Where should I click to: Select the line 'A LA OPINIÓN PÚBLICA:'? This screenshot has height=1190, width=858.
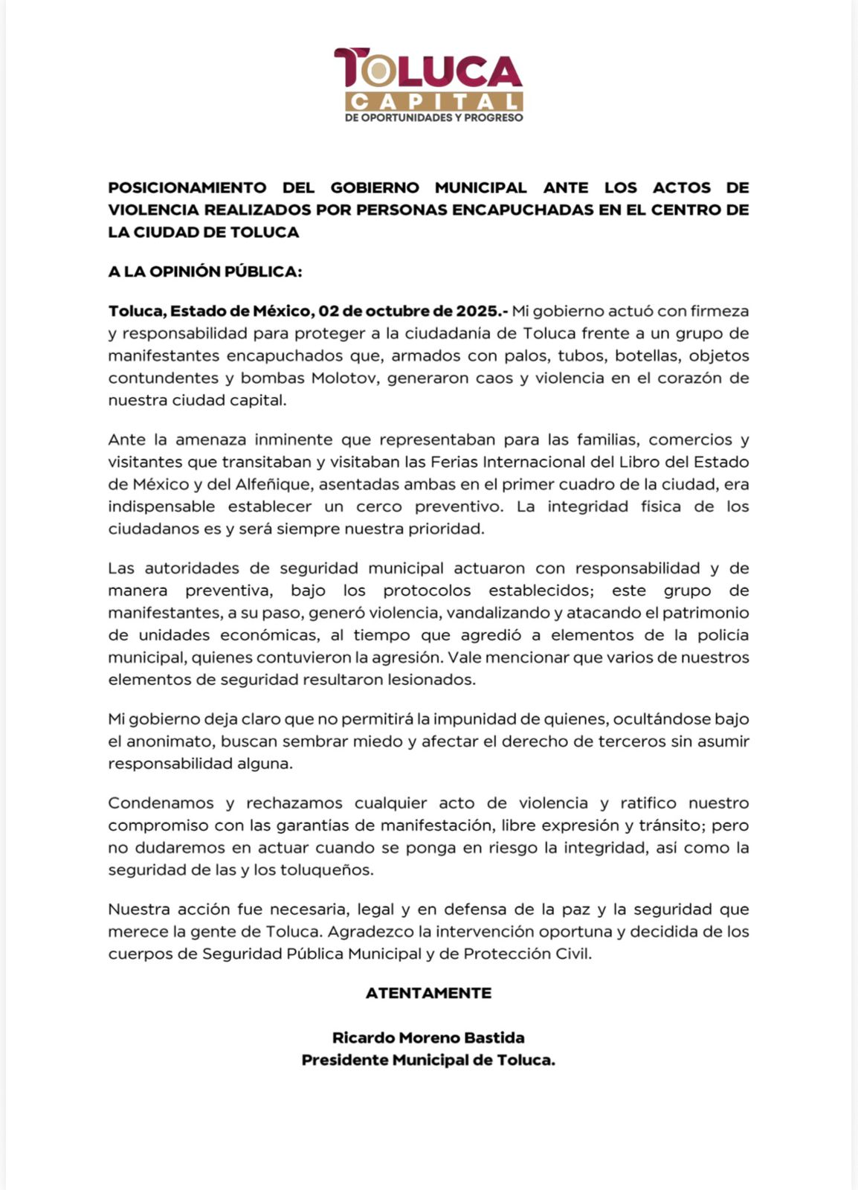[205, 271]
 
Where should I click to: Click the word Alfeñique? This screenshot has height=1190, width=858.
[251, 484]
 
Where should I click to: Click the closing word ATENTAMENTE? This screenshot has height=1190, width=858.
[428, 993]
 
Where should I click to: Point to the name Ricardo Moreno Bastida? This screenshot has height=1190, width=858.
[428, 1038]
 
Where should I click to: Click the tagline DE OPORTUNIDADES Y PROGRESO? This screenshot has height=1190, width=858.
[434, 118]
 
